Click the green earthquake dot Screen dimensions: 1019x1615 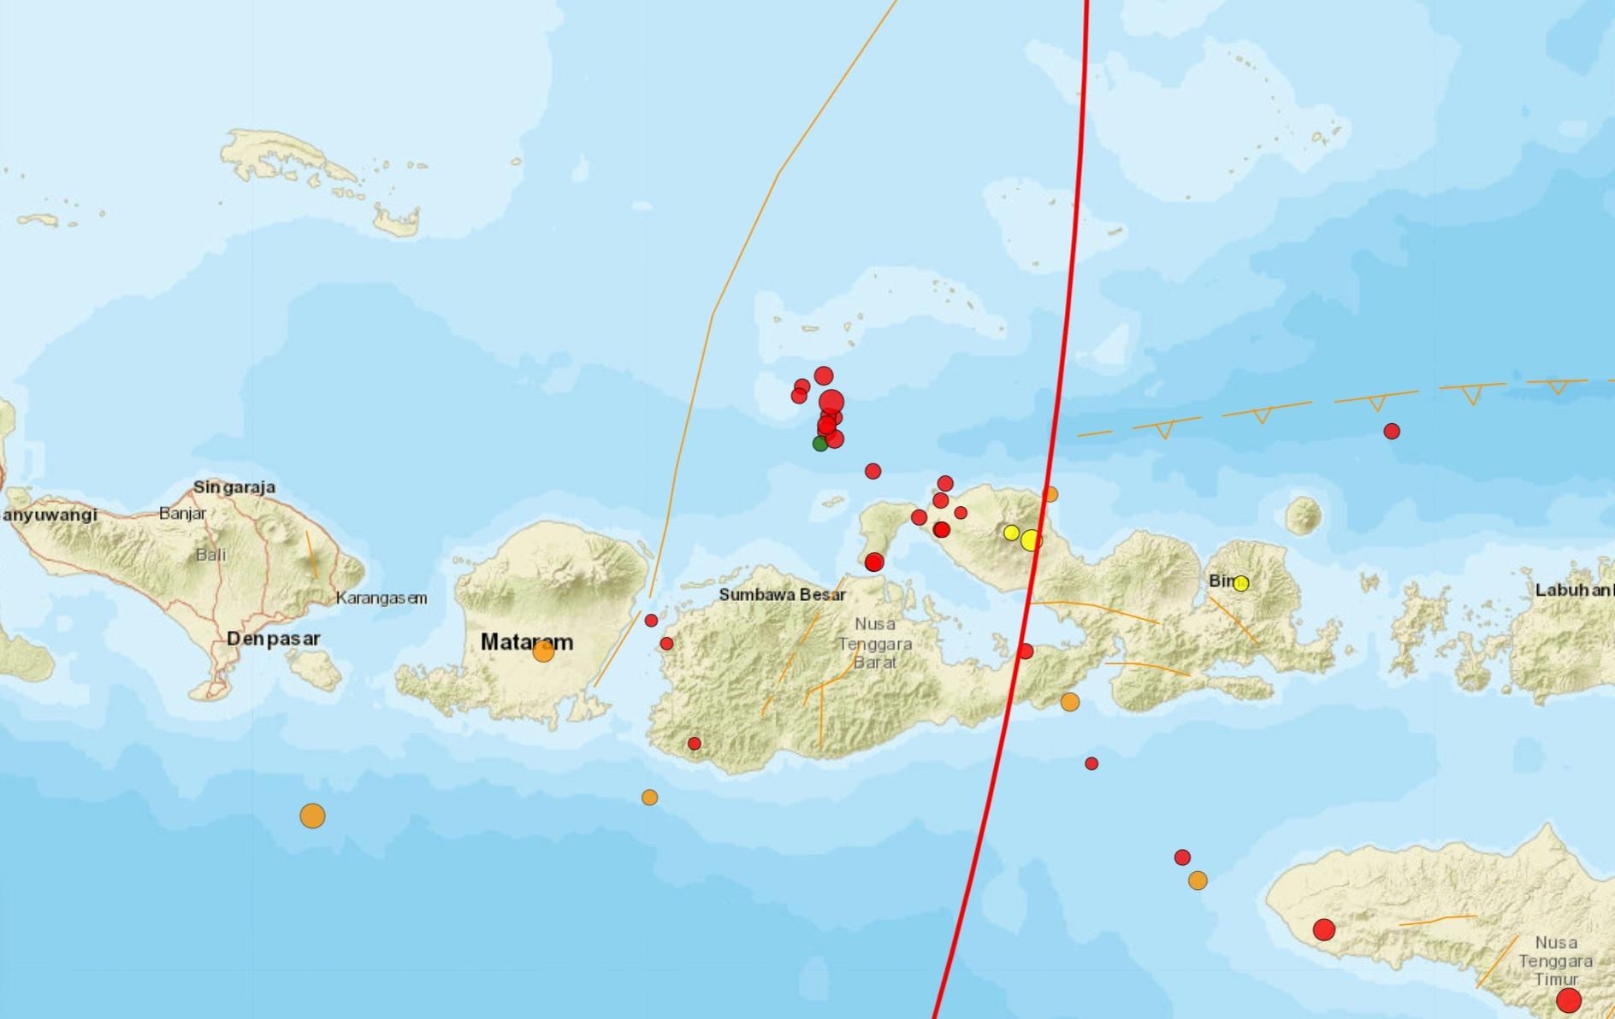tap(819, 443)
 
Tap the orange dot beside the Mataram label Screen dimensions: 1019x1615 tap(543, 651)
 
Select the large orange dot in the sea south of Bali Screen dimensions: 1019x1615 tap(312, 816)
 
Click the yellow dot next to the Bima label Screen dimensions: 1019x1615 tap(1241, 583)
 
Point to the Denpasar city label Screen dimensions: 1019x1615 tap(273, 639)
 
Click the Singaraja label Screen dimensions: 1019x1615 tap(234, 487)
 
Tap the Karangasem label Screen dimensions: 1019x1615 tap(381, 598)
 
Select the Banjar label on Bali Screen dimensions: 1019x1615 tap(182, 514)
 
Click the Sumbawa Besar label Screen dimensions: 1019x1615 tap(782, 595)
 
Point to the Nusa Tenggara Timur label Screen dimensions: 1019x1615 tap(1556, 961)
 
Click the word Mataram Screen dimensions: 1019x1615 tap(527, 641)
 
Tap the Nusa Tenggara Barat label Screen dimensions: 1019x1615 tap(874, 643)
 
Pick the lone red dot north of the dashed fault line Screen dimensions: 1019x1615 tap(1392, 431)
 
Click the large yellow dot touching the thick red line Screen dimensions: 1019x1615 tap(1032, 539)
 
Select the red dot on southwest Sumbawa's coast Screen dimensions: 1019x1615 tap(694, 744)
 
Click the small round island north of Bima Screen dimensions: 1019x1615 tap(1304, 515)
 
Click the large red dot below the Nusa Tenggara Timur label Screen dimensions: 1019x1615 tap(1568, 999)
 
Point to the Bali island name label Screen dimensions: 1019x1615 tap(211, 555)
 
